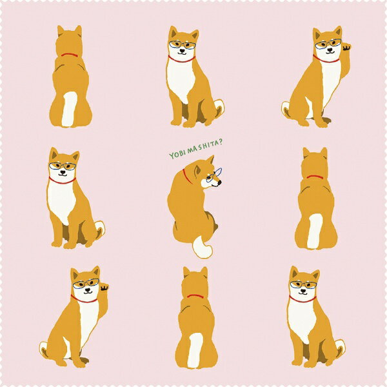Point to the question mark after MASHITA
(x=221, y=141)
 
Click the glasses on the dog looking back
(x=214, y=175)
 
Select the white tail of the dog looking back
(x=202, y=248)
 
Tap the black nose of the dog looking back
(x=219, y=183)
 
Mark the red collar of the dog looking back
(x=188, y=176)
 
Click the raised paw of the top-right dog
(x=347, y=47)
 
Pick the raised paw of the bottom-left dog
(x=104, y=288)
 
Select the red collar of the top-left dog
(x=70, y=55)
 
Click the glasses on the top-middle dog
(x=183, y=45)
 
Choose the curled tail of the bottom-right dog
(x=341, y=348)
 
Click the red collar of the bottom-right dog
(x=303, y=299)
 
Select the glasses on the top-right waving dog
(x=328, y=44)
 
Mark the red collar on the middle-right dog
(x=315, y=177)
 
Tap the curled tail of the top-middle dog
(x=219, y=107)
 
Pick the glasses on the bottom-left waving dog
(x=86, y=283)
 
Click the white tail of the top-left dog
(x=69, y=109)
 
